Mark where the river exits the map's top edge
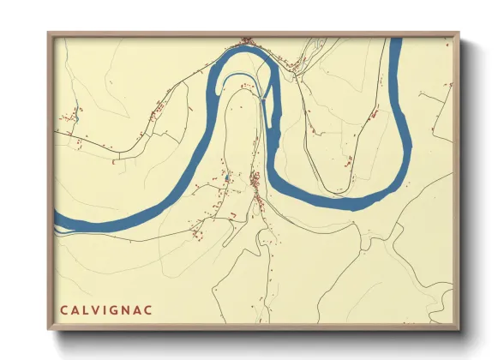395,40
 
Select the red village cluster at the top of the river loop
248,40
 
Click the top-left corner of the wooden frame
49,33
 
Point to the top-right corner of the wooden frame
459,33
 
